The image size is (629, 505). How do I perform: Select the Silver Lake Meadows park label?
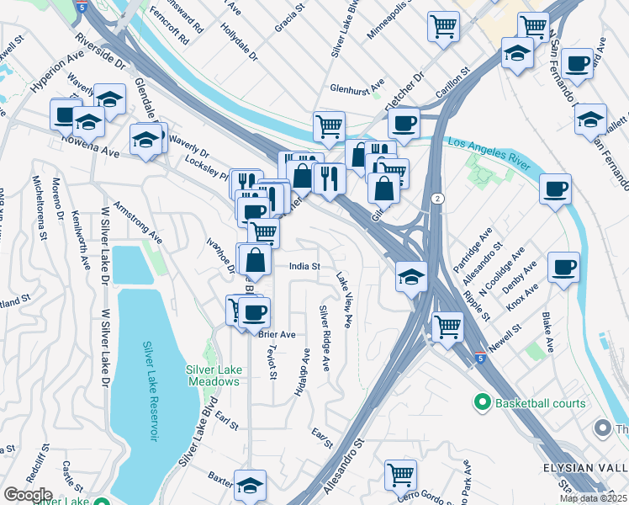pos(214,375)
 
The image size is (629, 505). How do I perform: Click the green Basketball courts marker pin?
pos(482,403)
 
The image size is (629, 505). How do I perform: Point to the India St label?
pos(304,266)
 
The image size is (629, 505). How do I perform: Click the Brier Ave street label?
pos(277,334)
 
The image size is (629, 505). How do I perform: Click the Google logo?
pos(28,495)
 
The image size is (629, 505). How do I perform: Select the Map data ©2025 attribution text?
pos(594,498)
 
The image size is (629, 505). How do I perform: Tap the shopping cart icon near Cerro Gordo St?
pos(401,475)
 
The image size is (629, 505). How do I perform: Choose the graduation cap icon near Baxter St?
pos(250,484)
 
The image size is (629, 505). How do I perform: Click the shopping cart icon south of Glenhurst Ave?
pos(330,126)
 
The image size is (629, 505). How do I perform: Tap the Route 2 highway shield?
pos(437,199)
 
